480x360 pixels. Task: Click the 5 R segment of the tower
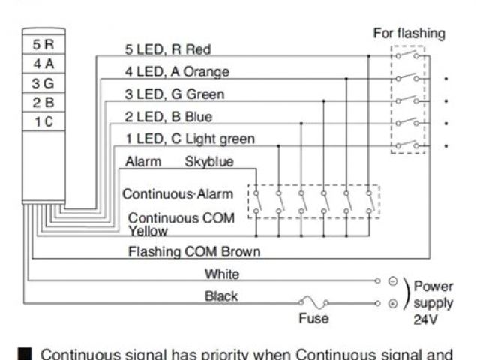click(x=43, y=45)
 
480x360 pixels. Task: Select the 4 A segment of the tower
click(x=43, y=64)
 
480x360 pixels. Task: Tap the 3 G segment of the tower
click(x=43, y=83)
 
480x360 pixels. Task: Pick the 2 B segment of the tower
click(x=43, y=102)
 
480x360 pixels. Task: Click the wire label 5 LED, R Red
click(x=167, y=49)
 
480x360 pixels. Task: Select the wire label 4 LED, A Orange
click(x=176, y=72)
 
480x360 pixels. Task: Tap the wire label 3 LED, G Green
click(x=174, y=94)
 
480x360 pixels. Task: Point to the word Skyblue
click(x=209, y=161)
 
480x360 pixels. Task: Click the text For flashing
click(x=409, y=34)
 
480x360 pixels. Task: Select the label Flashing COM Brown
click(x=194, y=252)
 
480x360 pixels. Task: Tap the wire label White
click(x=221, y=274)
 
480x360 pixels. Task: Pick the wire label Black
click(x=221, y=296)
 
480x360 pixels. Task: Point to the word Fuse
click(x=313, y=318)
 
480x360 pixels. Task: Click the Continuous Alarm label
click(x=178, y=194)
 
